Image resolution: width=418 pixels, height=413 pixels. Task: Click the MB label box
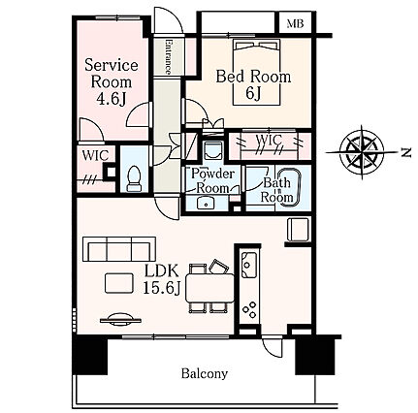tap(295, 23)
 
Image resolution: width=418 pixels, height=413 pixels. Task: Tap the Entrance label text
tap(168, 56)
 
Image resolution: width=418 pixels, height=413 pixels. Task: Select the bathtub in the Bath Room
tap(289, 186)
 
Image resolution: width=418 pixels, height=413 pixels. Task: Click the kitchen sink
tap(249, 266)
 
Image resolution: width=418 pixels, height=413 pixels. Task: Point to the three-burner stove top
tap(249, 309)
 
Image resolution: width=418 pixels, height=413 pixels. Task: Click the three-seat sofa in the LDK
tap(119, 249)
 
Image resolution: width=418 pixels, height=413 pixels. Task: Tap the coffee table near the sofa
tap(119, 283)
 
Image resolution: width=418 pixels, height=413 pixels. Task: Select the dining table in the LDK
tap(209, 288)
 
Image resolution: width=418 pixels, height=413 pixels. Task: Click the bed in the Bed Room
tap(257, 73)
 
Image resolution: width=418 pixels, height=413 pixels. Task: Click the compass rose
tap(362, 152)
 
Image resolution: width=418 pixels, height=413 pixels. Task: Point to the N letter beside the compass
tap(406, 152)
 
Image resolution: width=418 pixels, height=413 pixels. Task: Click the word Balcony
tap(205, 373)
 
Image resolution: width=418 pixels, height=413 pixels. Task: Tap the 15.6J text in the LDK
tap(161, 288)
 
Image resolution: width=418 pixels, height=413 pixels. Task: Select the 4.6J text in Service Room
tap(112, 99)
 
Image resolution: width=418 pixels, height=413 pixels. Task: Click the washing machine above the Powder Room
tap(213, 150)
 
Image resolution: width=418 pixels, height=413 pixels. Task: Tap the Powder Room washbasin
tap(206, 203)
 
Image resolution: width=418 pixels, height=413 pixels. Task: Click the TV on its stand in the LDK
tap(120, 319)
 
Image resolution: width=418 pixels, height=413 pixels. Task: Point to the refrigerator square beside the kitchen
tap(298, 230)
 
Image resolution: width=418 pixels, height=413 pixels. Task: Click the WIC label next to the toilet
tap(95, 155)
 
